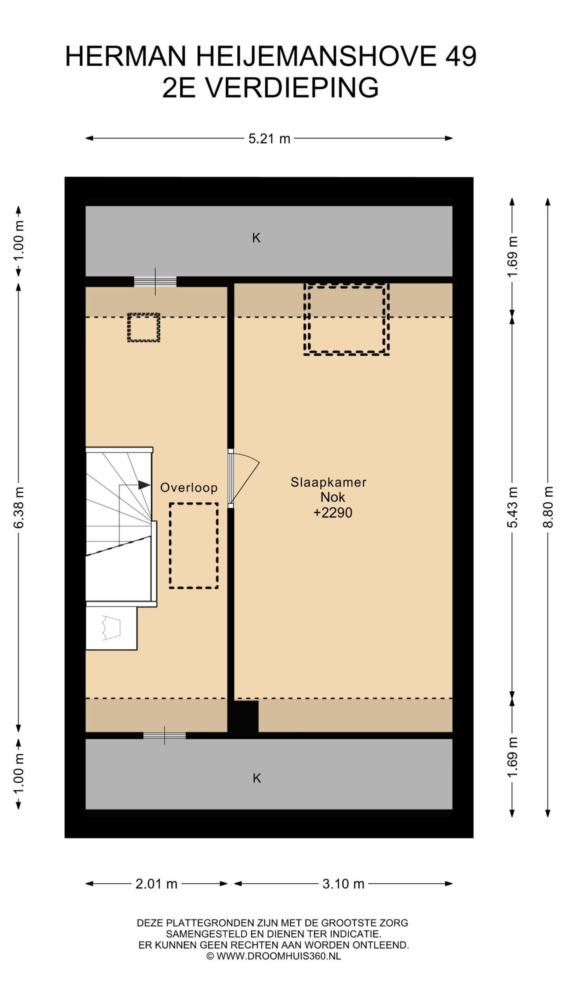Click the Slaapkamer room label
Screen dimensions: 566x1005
point(328,482)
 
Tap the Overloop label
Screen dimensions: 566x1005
point(189,488)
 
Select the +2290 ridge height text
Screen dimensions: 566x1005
point(333,512)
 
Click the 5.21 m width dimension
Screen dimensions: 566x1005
point(269,139)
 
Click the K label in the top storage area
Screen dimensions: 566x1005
point(256,238)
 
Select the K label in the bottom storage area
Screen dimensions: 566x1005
point(256,778)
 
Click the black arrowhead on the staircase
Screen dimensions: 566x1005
point(144,485)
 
